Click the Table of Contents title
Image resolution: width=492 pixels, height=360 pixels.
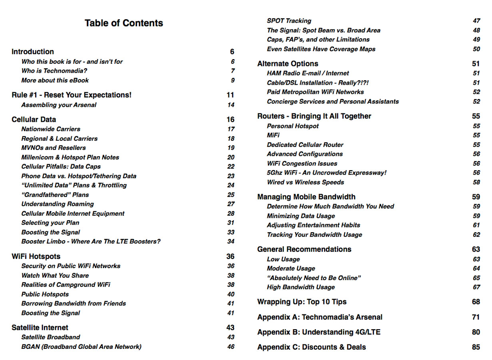click(x=123, y=23)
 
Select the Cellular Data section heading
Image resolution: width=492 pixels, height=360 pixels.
click(x=34, y=119)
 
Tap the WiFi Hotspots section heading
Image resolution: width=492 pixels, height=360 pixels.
click(x=36, y=257)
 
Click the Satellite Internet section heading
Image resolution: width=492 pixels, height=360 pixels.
click(x=40, y=328)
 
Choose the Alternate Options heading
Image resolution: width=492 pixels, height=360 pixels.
click(x=288, y=64)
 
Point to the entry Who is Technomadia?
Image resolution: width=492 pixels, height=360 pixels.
click(x=54, y=71)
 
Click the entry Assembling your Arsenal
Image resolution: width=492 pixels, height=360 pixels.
click(x=59, y=105)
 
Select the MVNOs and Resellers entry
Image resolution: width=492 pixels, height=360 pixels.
click(x=54, y=148)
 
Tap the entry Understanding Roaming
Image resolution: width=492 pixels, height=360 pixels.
click(x=58, y=204)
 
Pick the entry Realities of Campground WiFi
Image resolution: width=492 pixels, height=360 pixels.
click(x=66, y=285)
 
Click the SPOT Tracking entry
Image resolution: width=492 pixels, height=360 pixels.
click(x=289, y=21)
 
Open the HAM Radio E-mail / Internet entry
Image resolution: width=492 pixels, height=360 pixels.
click(x=308, y=74)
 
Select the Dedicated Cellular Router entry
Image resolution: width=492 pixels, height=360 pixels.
click(x=305, y=145)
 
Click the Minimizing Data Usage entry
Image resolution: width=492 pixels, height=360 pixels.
click(x=301, y=216)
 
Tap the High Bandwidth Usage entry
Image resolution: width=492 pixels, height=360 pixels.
click(x=301, y=287)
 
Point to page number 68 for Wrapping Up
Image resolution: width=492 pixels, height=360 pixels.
click(x=476, y=302)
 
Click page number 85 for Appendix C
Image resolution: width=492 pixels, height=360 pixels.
click(x=476, y=347)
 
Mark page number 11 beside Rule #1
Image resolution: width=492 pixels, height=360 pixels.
click(x=230, y=95)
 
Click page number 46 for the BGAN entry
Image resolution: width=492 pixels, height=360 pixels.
click(x=231, y=347)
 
